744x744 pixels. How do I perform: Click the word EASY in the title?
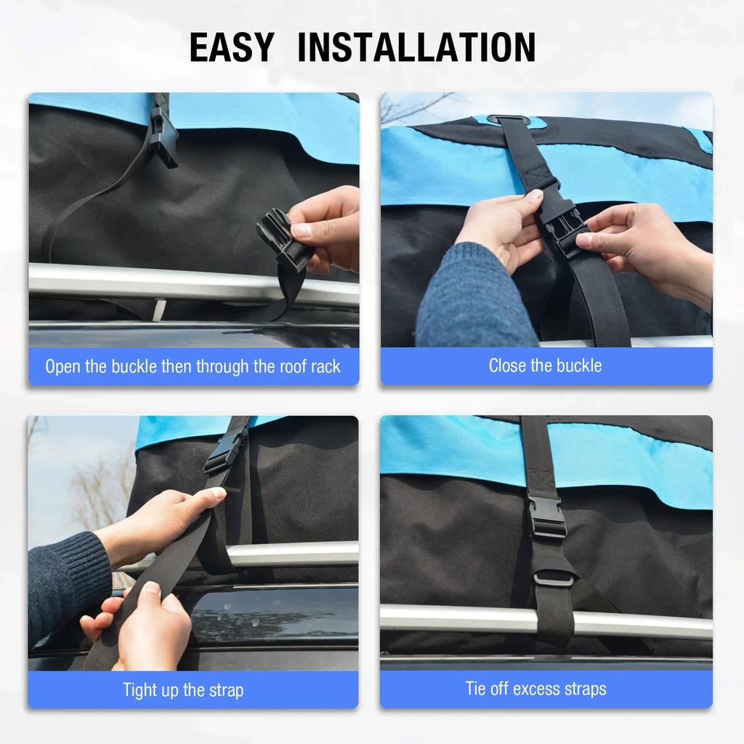pos(232,47)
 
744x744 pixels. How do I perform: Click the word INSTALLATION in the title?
pos(416,47)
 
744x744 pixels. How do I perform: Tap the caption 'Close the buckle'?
pos(545,365)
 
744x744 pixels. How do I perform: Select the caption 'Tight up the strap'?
pos(183,690)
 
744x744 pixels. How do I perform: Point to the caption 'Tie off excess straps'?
pos(535,689)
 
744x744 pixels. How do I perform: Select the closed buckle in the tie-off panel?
pos(546,517)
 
